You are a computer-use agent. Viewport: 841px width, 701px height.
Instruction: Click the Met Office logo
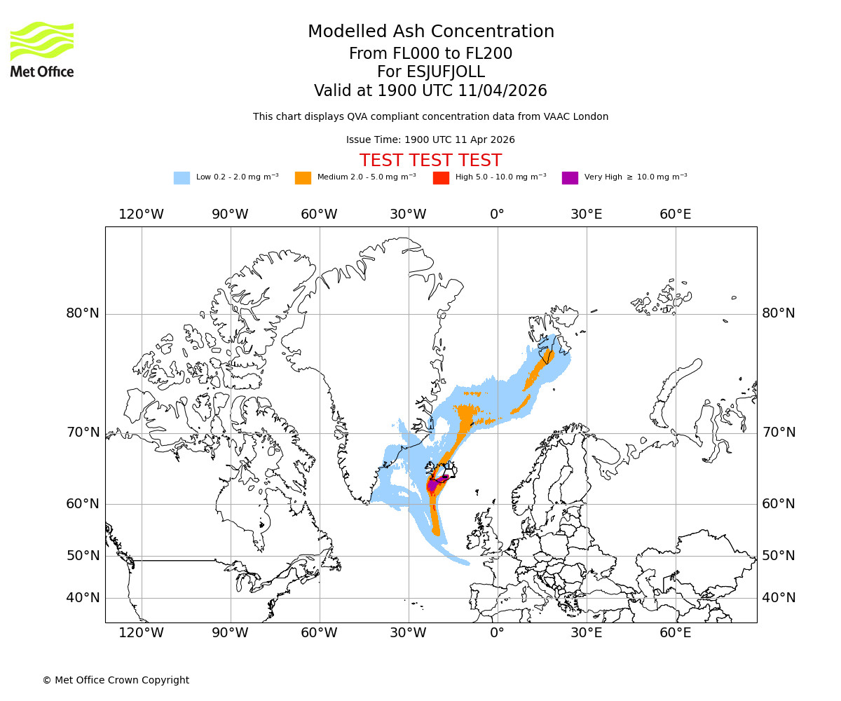tap(42, 49)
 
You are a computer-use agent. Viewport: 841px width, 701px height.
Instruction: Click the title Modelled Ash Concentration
tap(430, 32)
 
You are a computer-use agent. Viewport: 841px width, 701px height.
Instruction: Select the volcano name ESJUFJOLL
tap(430, 72)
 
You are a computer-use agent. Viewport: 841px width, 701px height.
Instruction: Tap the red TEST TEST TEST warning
tap(430, 161)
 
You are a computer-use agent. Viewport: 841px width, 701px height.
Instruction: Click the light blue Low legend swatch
tap(182, 177)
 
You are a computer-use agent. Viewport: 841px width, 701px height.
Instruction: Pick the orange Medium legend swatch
tap(303, 177)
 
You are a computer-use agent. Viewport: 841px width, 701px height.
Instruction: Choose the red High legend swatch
tap(441, 177)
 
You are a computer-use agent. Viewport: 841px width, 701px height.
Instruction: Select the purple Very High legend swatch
tap(570, 177)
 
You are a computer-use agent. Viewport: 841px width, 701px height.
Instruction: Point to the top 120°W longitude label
tap(141, 214)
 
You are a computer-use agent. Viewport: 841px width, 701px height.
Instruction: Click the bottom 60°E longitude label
tap(675, 633)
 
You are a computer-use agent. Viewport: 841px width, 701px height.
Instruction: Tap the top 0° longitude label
tap(497, 214)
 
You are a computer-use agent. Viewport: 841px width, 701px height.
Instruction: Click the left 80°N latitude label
tap(83, 313)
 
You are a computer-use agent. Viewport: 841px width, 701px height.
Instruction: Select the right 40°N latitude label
tap(779, 598)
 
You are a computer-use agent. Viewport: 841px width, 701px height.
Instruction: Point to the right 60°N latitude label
tap(779, 504)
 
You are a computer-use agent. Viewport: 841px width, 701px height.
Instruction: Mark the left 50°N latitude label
tap(83, 556)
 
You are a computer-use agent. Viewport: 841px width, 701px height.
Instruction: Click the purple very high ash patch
tap(435, 483)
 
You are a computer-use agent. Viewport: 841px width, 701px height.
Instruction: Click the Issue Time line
tap(430, 139)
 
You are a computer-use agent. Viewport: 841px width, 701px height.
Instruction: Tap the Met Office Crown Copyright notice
tap(116, 680)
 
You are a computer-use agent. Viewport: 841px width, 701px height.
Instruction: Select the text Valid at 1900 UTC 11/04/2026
tap(430, 91)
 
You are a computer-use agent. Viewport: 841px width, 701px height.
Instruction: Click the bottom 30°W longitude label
tap(408, 633)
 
